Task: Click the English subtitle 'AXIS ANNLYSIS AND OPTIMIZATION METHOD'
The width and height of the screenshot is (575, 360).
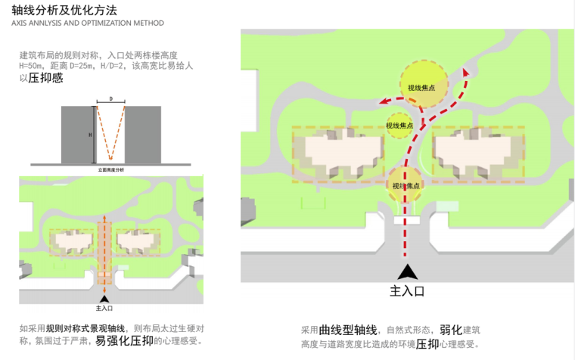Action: tap(88, 23)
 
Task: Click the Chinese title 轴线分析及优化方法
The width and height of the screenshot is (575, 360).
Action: tap(64, 10)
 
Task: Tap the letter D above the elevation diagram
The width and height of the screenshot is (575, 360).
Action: tap(110, 99)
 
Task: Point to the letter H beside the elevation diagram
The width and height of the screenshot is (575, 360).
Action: tap(90, 135)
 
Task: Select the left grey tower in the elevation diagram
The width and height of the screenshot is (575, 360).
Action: tap(78, 135)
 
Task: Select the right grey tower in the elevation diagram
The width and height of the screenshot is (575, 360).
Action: tap(142, 135)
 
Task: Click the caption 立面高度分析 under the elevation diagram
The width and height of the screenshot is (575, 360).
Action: tap(111, 170)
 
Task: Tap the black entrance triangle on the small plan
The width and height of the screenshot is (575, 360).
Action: tap(104, 299)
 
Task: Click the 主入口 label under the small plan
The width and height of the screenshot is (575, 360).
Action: tap(104, 309)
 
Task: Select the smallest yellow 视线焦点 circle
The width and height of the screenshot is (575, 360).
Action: tap(399, 125)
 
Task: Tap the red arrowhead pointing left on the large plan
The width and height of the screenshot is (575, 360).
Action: tap(384, 101)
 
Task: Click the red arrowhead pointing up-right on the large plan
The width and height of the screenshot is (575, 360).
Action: tap(466, 73)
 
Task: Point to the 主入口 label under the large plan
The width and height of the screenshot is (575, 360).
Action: tap(408, 290)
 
